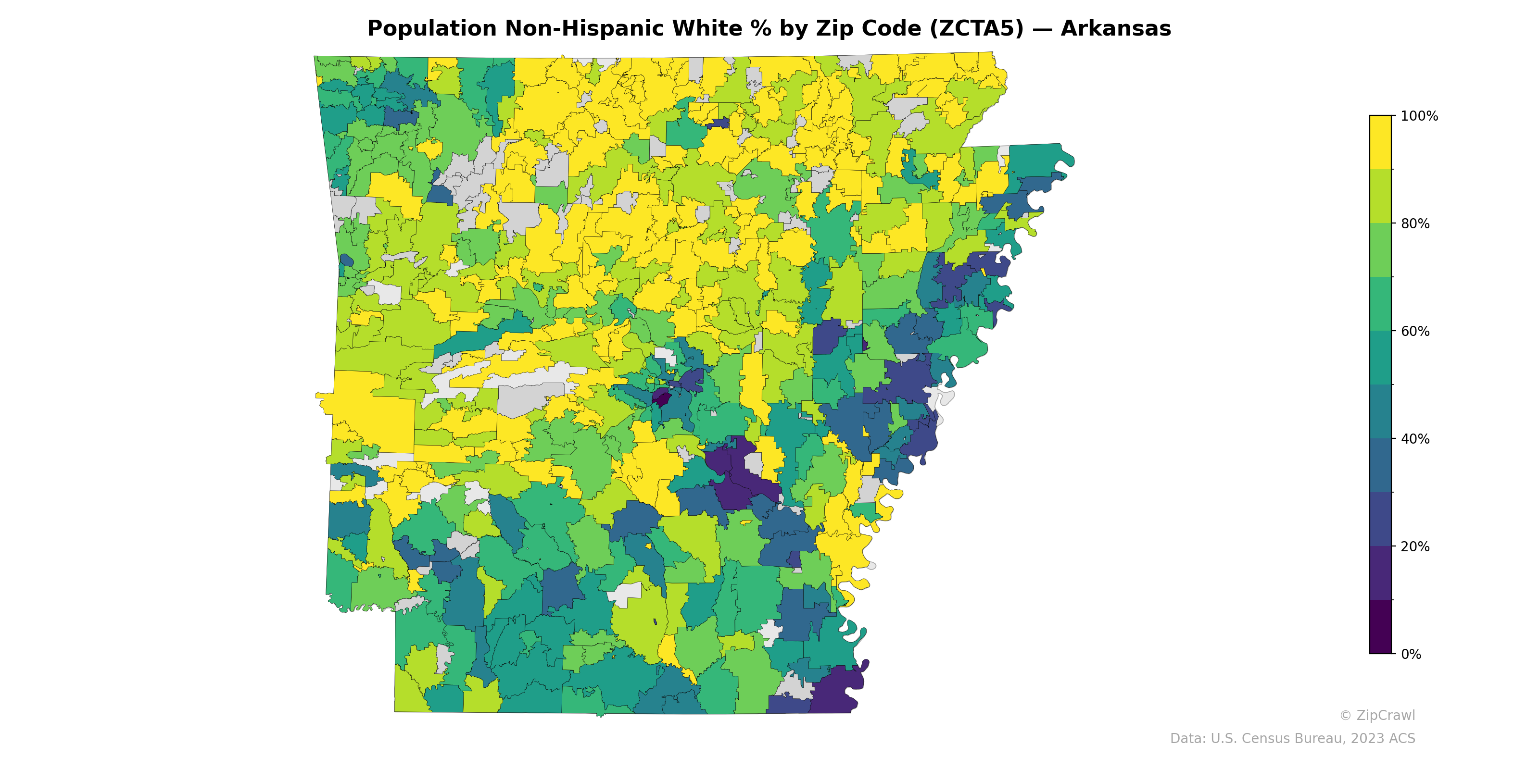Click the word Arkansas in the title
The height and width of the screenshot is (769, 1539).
pyautogui.click(x=1115, y=29)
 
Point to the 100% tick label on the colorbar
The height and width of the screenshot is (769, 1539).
pyautogui.click(x=1419, y=116)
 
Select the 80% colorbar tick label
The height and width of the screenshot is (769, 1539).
pyautogui.click(x=1415, y=224)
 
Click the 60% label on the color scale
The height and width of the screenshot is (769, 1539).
pyautogui.click(x=1415, y=331)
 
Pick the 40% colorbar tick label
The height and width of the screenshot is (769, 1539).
pyautogui.click(x=1415, y=439)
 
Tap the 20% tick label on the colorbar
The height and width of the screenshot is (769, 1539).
pyautogui.click(x=1415, y=546)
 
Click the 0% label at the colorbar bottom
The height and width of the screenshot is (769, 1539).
pyautogui.click(x=1411, y=654)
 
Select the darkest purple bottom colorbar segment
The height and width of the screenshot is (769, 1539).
pyautogui.click(x=1380, y=627)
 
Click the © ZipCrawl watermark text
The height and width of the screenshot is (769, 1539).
pyautogui.click(x=1376, y=715)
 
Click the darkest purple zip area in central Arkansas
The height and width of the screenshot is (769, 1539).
pyautogui.click(x=661, y=398)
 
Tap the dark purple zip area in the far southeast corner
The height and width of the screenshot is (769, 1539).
pyautogui.click(x=836, y=693)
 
